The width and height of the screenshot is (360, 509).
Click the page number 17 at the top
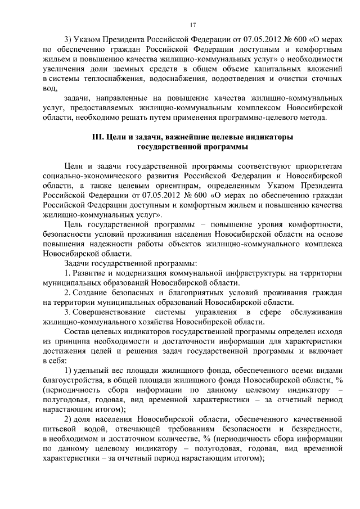click(x=193, y=24)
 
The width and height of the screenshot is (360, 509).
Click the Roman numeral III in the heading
click(x=99, y=137)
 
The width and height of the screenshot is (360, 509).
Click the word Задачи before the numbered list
click(x=79, y=263)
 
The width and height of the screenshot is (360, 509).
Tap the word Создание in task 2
click(x=93, y=292)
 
